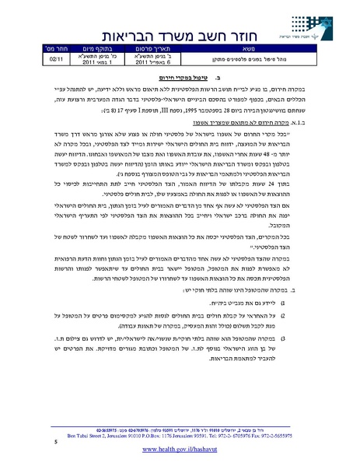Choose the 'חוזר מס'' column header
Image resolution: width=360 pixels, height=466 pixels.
[60, 47]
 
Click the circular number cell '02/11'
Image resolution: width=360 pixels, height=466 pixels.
[60, 58]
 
